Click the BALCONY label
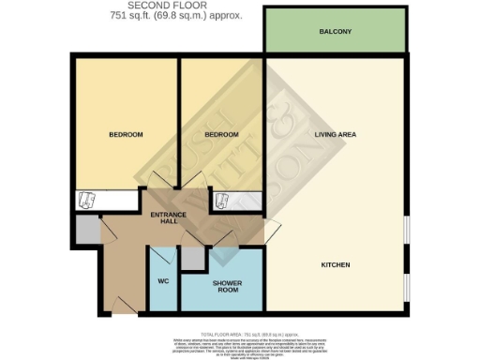tap(336, 32)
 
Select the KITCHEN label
tap(335, 265)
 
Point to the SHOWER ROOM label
tap(227, 285)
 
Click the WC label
tap(162, 280)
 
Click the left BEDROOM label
tap(126, 135)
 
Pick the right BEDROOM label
tap(222, 135)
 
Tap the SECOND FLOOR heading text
tap(165, 6)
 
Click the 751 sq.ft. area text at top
tap(165, 16)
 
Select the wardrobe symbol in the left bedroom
tap(87, 201)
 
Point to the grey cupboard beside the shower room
tap(192, 258)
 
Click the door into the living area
tap(272, 229)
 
